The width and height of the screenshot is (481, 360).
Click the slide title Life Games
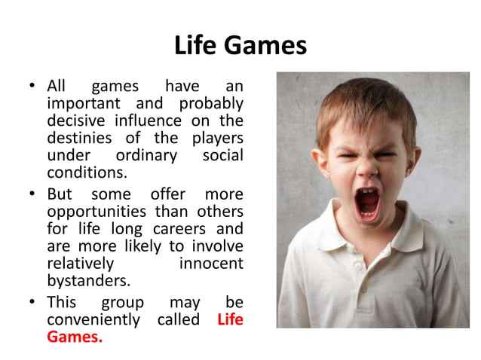coord(240,46)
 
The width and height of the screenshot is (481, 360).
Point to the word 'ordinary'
coord(146,156)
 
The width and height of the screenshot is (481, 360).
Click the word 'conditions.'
coord(84,173)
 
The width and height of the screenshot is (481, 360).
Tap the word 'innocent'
coord(211,264)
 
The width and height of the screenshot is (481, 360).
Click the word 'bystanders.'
coord(87,282)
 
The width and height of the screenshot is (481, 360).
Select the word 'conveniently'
coord(93,319)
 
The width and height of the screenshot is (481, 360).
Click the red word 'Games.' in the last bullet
coord(74,337)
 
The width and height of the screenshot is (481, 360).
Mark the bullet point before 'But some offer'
coord(33,194)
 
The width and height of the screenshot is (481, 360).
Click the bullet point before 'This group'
coord(33,302)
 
